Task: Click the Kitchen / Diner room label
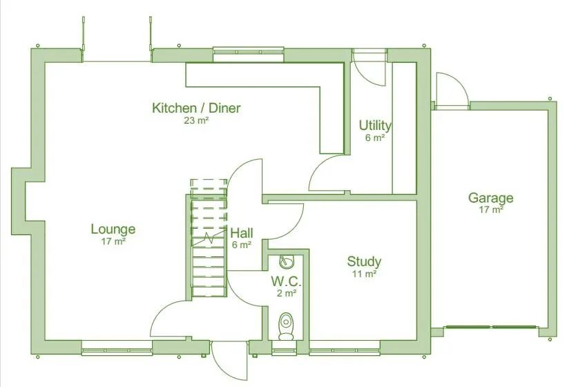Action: pos(196,108)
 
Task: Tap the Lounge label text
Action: pos(113,229)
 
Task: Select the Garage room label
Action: pos(490,198)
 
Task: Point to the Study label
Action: pos(364,261)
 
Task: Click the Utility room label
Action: pos(375,125)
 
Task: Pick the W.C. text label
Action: pos(286,281)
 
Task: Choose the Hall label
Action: pos(242,232)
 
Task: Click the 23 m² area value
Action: pos(196,120)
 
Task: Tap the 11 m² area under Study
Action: pos(364,274)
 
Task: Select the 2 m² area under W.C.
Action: pos(286,293)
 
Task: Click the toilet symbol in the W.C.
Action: pos(285,325)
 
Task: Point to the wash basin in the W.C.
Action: pos(285,261)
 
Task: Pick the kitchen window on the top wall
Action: pos(249,50)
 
